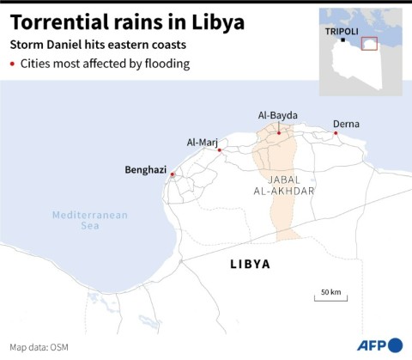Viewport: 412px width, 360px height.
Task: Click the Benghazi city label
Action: pos(145,170)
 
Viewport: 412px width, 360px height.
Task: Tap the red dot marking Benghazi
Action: pos(173,175)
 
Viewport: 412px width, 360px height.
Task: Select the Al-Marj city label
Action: pos(203,143)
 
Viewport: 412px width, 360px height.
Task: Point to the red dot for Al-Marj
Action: pos(220,150)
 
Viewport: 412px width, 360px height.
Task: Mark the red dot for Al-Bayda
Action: pos(278,133)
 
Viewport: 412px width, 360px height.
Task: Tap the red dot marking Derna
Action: pos(336,133)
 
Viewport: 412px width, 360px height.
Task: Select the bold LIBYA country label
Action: pos(250,264)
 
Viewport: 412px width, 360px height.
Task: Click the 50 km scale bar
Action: pos(330,298)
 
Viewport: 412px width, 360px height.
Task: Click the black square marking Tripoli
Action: pos(342,40)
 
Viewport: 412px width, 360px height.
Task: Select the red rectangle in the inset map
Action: pos(369,45)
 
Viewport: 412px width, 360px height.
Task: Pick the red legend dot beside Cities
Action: pos(13,64)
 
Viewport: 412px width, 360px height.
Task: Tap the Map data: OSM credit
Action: pos(33,347)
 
